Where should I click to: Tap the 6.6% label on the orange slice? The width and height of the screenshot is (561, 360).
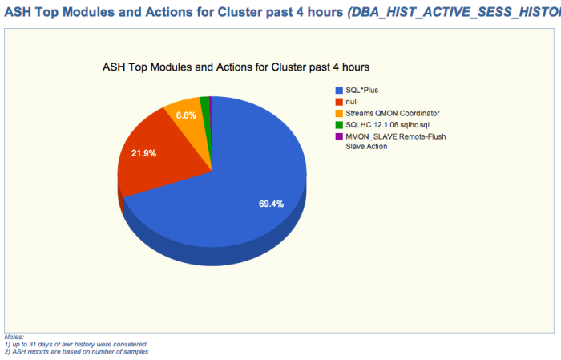coord(186,115)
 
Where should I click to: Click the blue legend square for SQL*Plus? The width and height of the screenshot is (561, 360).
coord(340,91)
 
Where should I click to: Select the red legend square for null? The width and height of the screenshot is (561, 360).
coord(340,102)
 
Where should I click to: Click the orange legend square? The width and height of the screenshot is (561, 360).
coord(340,113)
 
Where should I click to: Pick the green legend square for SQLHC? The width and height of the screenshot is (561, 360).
coord(340,124)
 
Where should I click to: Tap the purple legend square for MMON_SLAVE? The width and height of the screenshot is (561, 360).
coord(340,136)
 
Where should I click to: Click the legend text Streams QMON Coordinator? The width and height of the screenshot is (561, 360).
coord(392,113)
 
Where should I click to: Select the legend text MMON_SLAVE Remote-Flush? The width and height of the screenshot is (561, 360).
coord(395,136)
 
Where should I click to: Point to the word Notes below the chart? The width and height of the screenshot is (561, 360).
coord(14,338)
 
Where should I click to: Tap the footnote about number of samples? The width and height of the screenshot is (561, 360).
coord(76,351)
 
